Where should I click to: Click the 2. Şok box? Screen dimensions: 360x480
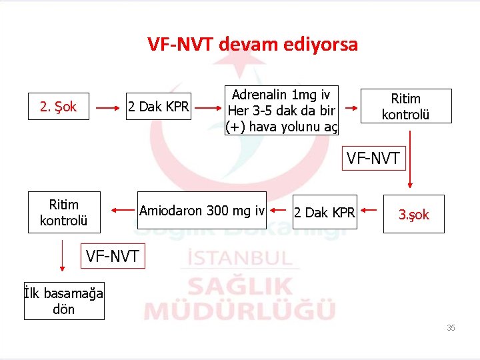pos(59,106)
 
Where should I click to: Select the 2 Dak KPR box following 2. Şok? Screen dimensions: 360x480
pos(159,106)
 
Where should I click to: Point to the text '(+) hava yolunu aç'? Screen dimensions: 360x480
pos(281,127)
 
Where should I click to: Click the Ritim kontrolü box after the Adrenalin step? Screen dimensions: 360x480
pos(405,106)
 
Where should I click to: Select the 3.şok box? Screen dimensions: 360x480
pos(413,214)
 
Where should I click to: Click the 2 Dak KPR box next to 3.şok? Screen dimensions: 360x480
pos(325,213)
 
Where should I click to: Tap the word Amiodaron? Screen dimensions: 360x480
pos(171,211)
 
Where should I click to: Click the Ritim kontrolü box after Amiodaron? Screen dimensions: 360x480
pos(63,212)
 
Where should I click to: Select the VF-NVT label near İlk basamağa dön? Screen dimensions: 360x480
pos(113,255)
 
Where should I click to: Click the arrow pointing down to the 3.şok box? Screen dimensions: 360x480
pos(409,160)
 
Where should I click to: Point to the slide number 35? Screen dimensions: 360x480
pos(451,328)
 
